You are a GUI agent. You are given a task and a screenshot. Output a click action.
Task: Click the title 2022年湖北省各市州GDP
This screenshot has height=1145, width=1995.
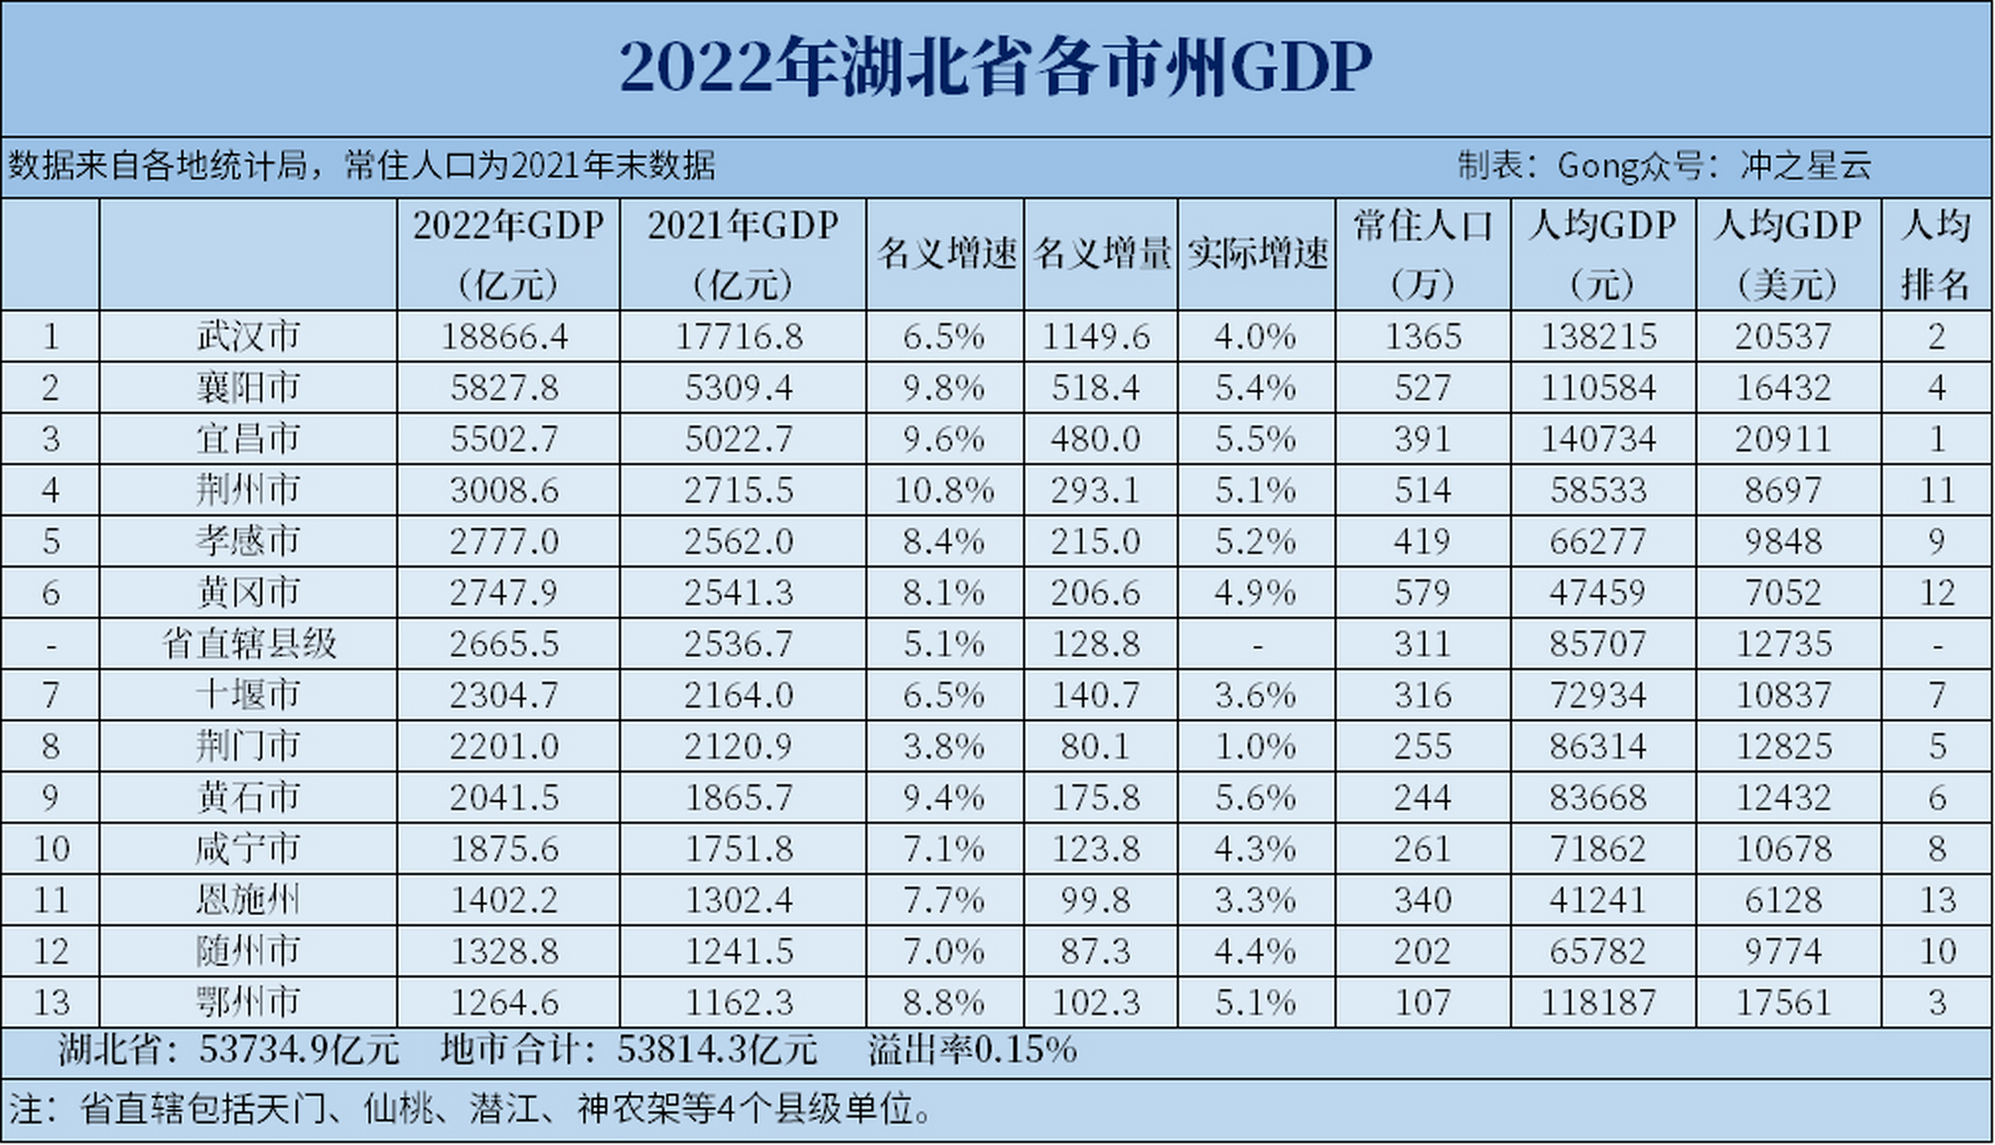995,68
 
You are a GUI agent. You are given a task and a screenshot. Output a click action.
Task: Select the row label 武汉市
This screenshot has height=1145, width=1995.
248,336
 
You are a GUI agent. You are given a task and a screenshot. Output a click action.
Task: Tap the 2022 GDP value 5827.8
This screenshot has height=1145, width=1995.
505,388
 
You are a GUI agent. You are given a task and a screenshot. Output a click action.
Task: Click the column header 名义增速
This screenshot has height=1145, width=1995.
946,254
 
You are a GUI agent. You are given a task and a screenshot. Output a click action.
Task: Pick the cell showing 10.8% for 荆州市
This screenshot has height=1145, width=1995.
944,490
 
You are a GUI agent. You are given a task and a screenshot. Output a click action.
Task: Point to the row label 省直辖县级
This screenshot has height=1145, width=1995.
248,644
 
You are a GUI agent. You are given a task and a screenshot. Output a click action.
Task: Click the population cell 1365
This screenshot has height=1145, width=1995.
1422,336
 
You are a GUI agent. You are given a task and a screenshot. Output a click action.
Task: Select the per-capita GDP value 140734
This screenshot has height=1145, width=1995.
1599,439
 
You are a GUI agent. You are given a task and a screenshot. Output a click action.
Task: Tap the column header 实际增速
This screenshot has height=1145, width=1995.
1257,254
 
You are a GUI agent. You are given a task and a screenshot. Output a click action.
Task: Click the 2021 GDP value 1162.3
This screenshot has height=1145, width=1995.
739,1003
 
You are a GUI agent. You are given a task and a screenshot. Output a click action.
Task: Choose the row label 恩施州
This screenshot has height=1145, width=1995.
248,900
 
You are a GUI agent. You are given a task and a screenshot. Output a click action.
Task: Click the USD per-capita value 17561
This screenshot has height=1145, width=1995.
1784,1003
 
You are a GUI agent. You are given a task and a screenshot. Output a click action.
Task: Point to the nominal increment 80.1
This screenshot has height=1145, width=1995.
1096,747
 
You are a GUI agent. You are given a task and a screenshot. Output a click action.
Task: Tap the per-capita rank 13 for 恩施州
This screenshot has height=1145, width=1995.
1937,900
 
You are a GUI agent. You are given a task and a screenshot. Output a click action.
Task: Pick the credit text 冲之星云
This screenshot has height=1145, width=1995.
1805,165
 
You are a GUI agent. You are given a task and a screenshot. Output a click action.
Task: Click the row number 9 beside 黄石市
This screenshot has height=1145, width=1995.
50,798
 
